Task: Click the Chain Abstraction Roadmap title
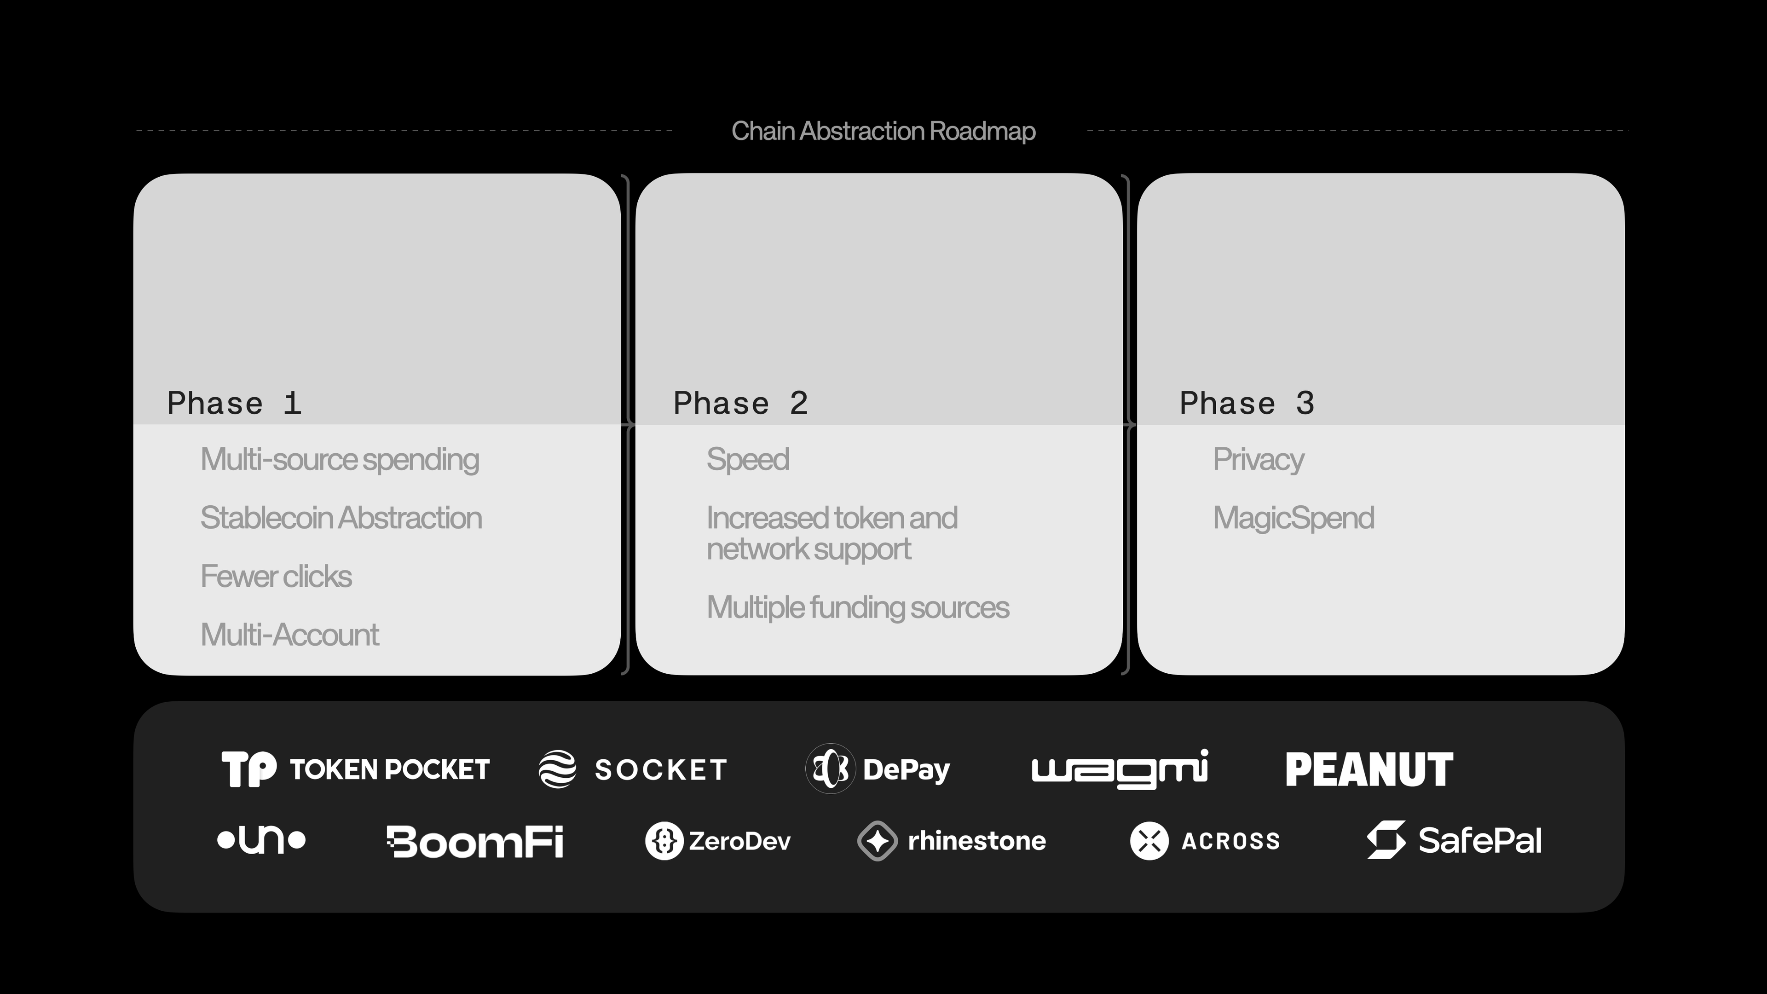coord(883,131)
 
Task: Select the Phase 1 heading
coord(235,404)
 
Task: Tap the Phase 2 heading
coord(741,404)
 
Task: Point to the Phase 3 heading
coord(1247,404)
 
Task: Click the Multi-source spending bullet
coord(340,460)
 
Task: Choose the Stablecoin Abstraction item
coord(341,518)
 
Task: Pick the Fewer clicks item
coord(276,576)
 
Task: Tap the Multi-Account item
coord(289,635)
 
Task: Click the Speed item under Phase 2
coord(748,460)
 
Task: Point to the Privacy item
coord(1258,460)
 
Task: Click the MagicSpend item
coord(1293,518)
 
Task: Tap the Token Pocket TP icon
coord(249,769)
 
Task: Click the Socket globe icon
coord(557,769)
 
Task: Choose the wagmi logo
coord(1120,769)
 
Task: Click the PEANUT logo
coord(1369,769)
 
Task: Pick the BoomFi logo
coord(475,842)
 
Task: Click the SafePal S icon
coord(1386,840)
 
